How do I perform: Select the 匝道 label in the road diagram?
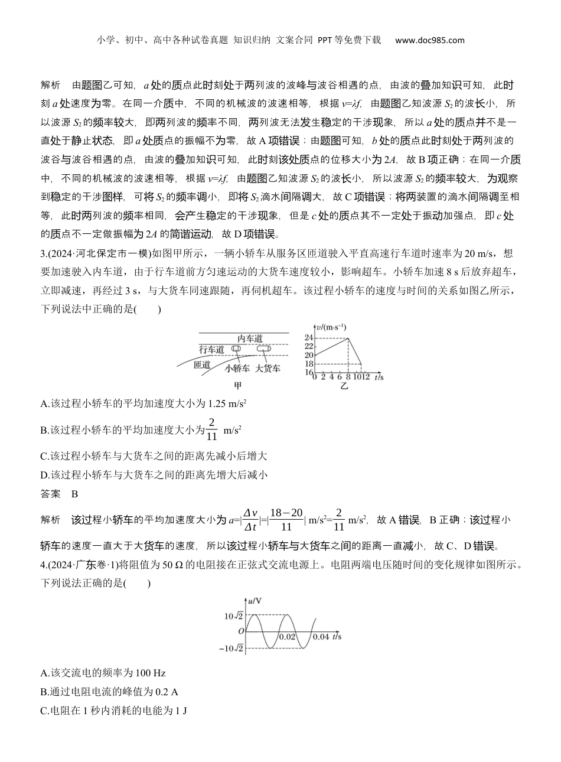(x=202, y=364)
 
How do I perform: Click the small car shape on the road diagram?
(x=236, y=349)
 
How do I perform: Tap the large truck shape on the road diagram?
(x=264, y=349)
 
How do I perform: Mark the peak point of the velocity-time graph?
(x=348, y=338)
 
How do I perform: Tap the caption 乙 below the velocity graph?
(x=344, y=386)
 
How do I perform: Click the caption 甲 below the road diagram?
(x=239, y=386)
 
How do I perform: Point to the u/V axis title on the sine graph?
(x=255, y=601)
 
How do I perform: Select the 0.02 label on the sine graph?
(x=288, y=637)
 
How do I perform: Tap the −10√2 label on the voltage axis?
(x=231, y=649)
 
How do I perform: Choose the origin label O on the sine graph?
(x=241, y=631)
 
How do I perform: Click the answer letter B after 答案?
(x=75, y=494)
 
